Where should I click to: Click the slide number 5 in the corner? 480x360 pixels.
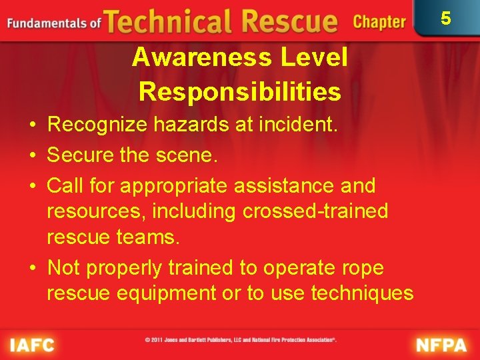tap(446, 18)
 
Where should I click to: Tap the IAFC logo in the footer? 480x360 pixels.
tap(31, 345)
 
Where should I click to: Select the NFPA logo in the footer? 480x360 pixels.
tap(441, 345)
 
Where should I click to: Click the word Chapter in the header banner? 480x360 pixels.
tap(379, 22)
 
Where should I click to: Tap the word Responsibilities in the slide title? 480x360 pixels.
tap(240, 92)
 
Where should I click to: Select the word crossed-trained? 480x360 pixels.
tap(315, 211)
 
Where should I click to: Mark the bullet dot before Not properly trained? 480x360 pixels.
tap(33, 268)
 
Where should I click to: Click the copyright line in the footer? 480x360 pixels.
tap(240, 340)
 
